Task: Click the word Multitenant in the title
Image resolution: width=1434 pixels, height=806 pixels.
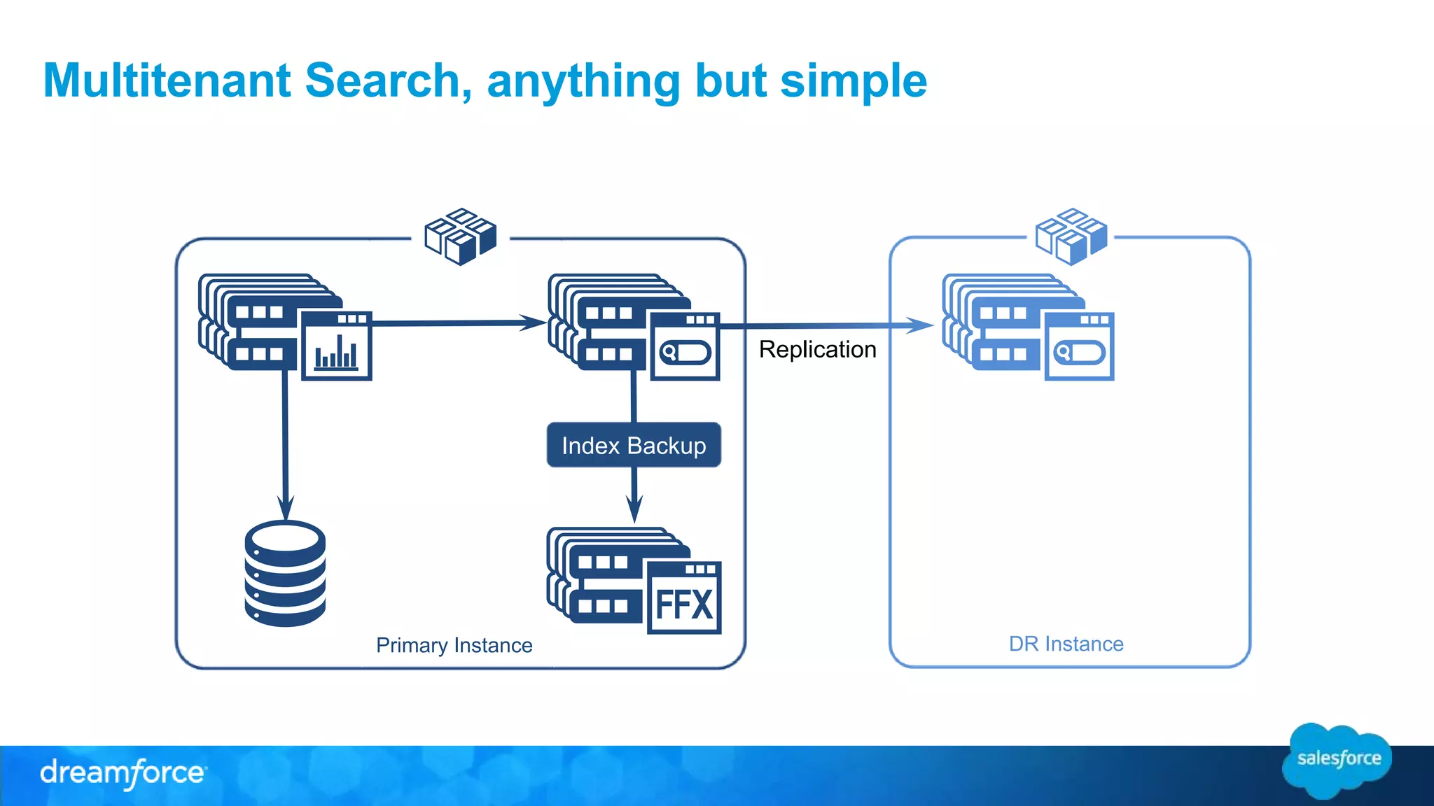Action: [167, 80]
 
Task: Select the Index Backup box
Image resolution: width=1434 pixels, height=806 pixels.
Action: [634, 445]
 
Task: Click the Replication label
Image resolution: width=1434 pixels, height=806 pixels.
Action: [817, 349]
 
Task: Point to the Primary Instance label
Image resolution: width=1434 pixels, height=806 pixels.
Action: [454, 645]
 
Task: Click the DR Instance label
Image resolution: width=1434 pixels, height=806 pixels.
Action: [1066, 644]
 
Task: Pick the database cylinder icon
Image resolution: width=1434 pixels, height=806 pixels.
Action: [285, 574]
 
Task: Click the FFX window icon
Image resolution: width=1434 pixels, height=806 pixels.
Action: [683, 598]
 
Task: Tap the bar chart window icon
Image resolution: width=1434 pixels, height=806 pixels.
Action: [336, 346]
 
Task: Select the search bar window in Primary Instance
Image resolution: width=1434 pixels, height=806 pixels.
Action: [685, 347]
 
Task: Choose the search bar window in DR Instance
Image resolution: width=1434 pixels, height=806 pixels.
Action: [1079, 347]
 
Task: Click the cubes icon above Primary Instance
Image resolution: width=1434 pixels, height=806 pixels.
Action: [461, 236]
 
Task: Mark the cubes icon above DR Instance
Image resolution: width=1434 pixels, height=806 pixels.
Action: [1071, 236]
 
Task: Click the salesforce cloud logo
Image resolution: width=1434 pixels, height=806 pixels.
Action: [1337, 760]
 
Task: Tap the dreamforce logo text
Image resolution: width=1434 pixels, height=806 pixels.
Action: [123, 773]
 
